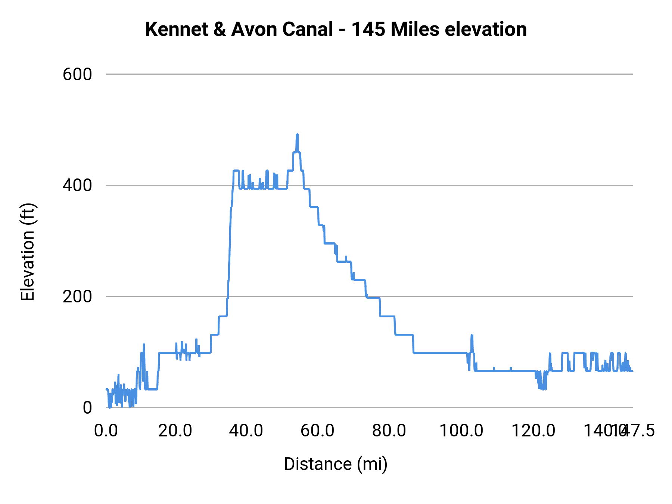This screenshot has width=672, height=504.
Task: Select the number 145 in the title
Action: [368, 29]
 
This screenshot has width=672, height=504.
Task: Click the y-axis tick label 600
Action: [77, 74]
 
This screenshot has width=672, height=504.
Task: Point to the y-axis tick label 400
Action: [77, 185]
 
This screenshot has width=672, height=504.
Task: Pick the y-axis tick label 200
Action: [77, 296]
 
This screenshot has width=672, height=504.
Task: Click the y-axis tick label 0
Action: [87, 408]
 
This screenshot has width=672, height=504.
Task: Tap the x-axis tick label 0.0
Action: [106, 430]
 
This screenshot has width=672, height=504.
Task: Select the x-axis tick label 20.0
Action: [175, 430]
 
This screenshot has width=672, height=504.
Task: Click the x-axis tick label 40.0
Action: [246, 430]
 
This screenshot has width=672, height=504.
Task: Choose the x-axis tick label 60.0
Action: [317, 430]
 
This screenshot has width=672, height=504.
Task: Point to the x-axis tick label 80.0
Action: [389, 430]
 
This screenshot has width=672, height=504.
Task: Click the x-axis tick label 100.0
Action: [461, 430]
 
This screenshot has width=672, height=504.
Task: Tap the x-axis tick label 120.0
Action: [533, 430]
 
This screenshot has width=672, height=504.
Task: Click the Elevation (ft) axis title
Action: [28, 252]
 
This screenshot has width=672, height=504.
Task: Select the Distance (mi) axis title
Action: [336, 464]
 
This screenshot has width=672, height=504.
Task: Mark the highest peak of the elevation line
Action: [297, 134]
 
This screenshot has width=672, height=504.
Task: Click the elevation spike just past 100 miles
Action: [472, 336]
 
